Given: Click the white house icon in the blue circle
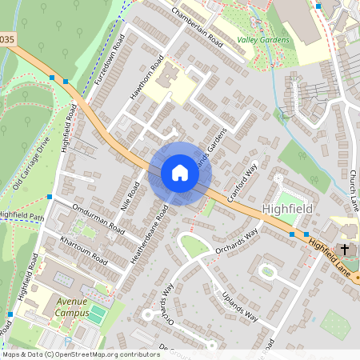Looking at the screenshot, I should tap(179, 173).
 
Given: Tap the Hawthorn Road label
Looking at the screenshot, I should tap(148, 78).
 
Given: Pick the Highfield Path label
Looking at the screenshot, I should tap(22, 215).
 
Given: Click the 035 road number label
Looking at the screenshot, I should tap(7, 38).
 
